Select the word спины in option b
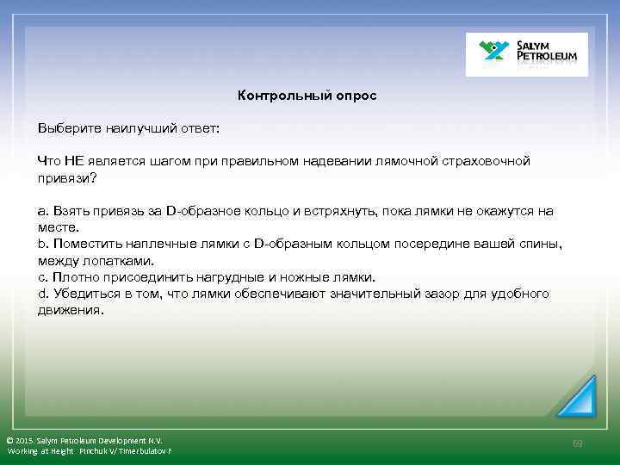[539, 244]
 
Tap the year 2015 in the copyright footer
[28, 440]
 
